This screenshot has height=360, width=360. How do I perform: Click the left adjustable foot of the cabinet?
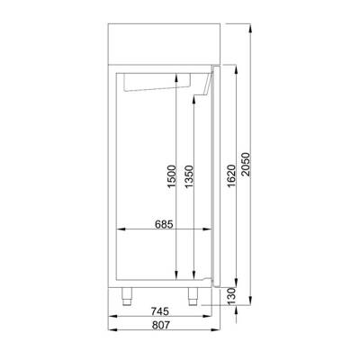128,293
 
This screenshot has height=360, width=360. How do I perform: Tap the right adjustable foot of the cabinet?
193,293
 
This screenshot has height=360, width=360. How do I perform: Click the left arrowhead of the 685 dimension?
121,229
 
